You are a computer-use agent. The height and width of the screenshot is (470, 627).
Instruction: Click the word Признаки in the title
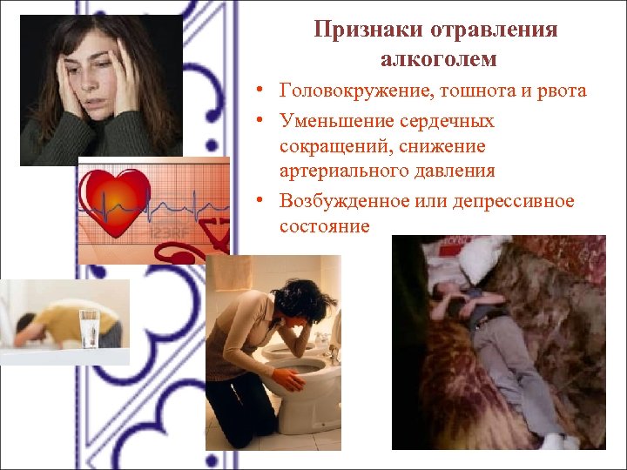coord(365,30)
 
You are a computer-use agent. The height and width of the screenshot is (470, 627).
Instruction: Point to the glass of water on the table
coord(89,329)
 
